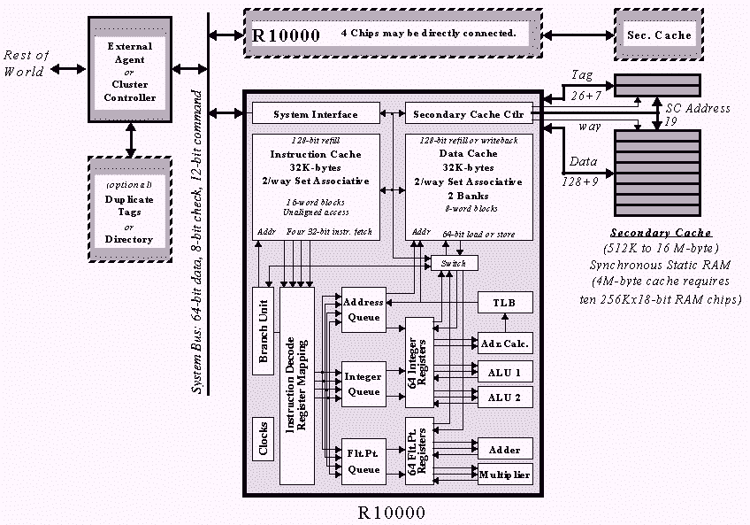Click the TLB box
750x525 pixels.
(505, 303)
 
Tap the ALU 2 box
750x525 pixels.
(505, 396)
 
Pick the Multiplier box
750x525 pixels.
(505, 475)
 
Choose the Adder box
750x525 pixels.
(505, 448)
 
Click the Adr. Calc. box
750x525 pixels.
(505, 343)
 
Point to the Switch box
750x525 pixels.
(454, 263)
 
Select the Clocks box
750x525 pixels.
(263, 437)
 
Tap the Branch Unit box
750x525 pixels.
(263, 330)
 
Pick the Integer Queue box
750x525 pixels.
(364, 383)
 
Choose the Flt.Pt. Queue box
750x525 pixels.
(364, 461)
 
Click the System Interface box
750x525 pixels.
(316, 114)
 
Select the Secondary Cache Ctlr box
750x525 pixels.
(469, 114)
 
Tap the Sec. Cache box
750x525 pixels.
(659, 35)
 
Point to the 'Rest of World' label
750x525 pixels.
(24, 63)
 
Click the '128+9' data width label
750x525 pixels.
(579, 180)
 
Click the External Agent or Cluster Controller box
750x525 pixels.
(130, 71)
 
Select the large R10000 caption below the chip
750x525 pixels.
(391, 512)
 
